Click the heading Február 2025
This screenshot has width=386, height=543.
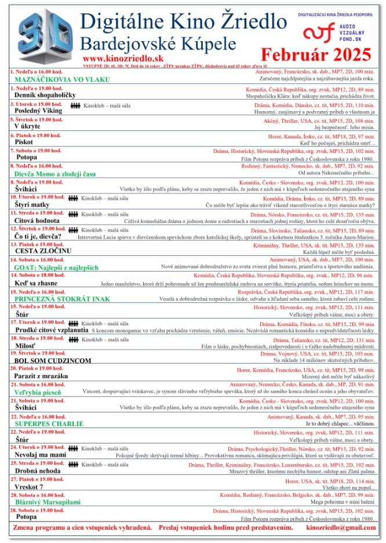coord(315,55)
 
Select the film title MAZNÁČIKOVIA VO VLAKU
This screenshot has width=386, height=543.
coord(53,79)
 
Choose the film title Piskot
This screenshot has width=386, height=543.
coord(24,142)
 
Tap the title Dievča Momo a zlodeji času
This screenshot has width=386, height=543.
coord(56,173)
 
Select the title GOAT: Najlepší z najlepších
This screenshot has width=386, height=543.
coord(57,267)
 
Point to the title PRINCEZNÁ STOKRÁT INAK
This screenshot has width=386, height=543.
coord(62,299)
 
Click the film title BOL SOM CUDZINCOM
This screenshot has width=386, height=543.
coord(53,361)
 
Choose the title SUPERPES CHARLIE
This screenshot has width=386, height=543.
coord(49,423)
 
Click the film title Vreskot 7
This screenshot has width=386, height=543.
coord(29,486)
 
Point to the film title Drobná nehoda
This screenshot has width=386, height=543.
coord(38,471)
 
